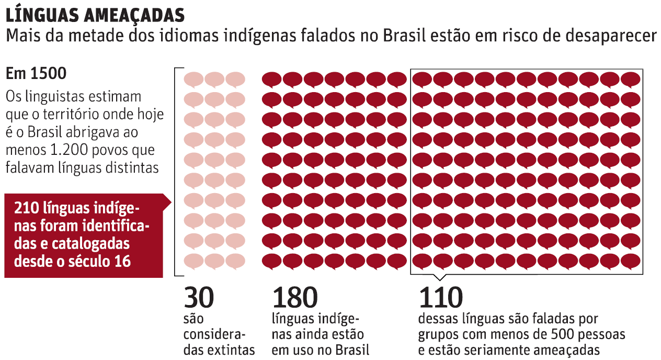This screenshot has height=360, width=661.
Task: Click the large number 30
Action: coord(199,298)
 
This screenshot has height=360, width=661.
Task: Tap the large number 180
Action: coord(294,298)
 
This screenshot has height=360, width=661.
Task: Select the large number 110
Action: coord(440,298)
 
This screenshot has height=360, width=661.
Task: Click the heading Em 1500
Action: coord(36,74)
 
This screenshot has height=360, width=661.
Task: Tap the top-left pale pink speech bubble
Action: coord(193,80)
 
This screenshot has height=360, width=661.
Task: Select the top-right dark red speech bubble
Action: coord(631,80)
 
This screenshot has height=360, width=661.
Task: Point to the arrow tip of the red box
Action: coord(170,203)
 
